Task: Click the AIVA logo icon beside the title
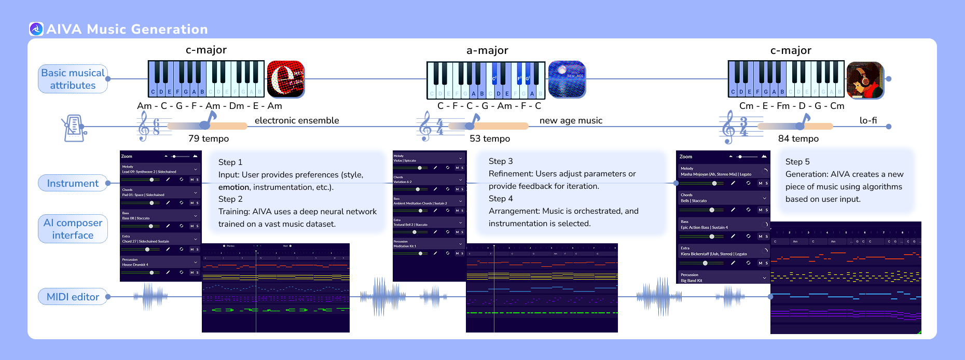[36, 29]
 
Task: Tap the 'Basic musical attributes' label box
[73, 79]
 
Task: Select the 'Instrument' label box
[73, 183]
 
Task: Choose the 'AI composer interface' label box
[73, 229]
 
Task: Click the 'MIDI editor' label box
[73, 297]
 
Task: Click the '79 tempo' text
[209, 139]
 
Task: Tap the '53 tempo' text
[490, 139]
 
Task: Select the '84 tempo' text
[798, 139]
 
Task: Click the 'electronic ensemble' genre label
[297, 120]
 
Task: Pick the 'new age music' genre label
[571, 120]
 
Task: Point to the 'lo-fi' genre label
[868, 120]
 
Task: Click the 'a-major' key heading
[487, 50]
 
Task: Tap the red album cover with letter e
[286, 79]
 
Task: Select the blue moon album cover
[567, 79]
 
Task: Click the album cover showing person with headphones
[865, 80]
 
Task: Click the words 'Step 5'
[797, 162]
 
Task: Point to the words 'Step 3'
[501, 161]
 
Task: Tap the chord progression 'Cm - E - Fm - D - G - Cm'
[792, 106]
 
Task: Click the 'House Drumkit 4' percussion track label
[135, 265]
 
